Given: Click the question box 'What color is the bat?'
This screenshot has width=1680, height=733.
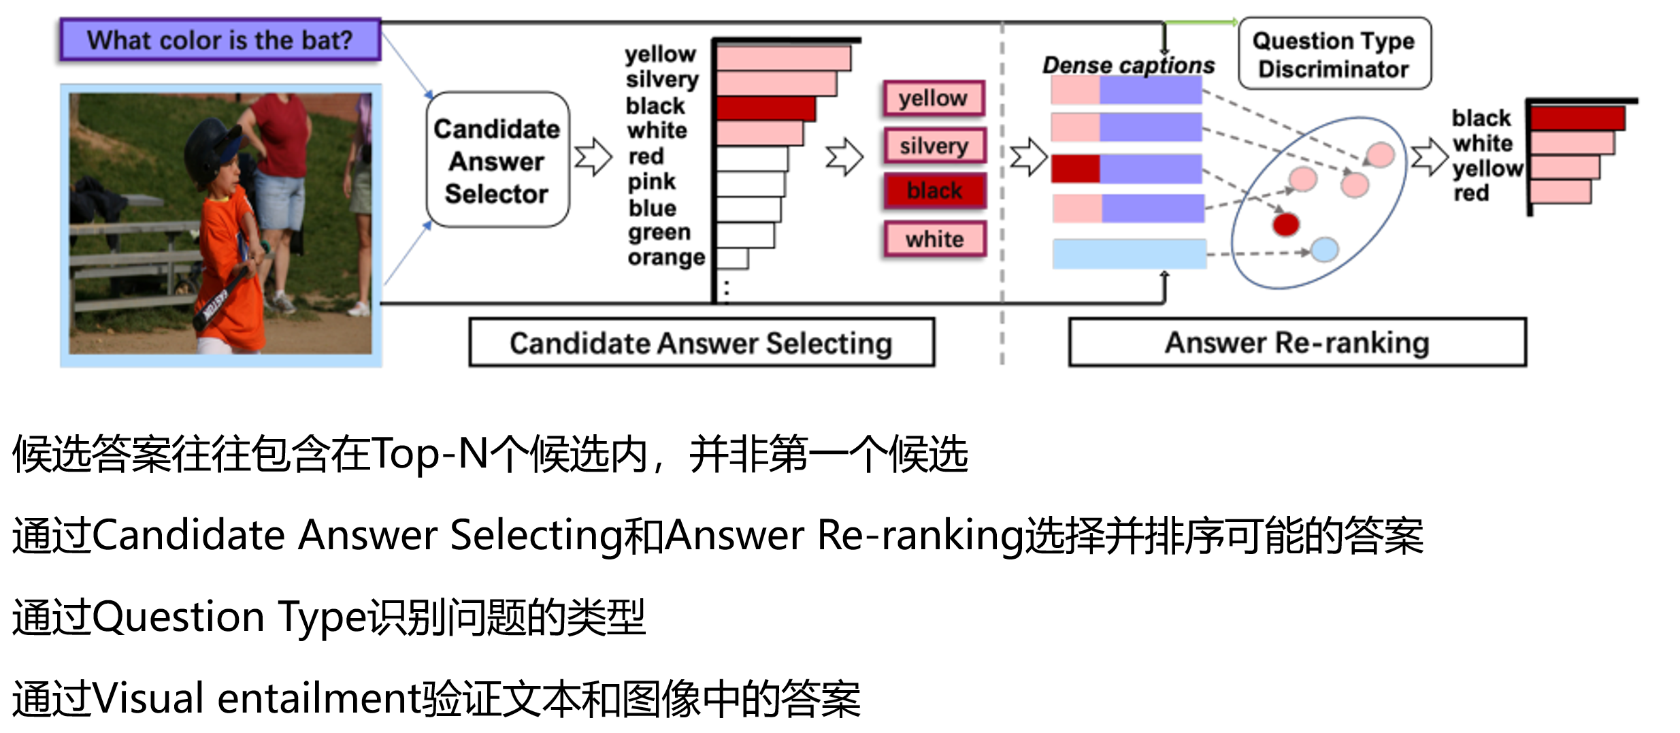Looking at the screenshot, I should pyautogui.click(x=220, y=40).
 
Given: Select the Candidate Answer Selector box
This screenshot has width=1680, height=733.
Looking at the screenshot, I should pyautogui.click(x=497, y=161).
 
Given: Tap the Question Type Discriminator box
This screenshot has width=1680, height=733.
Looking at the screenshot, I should pyautogui.click(x=1334, y=54).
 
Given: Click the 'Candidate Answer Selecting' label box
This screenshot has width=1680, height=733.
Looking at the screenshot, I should pyautogui.click(x=701, y=343).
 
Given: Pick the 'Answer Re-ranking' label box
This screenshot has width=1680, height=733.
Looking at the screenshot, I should pyautogui.click(x=1297, y=343).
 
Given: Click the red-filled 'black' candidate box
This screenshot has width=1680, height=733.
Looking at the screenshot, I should pyautogui.click(x=934, y=191).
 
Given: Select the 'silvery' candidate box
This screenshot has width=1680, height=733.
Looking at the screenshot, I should pyautogui.click(x=934, y=146).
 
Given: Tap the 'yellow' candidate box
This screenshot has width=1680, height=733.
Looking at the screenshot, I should pyautogui.click(x=933, y=99).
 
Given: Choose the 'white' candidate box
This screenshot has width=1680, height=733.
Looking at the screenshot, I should pyautogui.click(x=934, y=240).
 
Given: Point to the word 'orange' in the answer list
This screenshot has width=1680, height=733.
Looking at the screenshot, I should pyautogui.click(x=666, y=258).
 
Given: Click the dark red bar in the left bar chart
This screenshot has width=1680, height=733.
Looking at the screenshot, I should pyautogui.click(x=765, y=108).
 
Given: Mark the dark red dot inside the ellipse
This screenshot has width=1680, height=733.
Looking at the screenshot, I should pyautogui.click(x=1285, y=224).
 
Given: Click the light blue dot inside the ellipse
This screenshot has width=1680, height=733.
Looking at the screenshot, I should pyautogui.click(x=1324, y=250).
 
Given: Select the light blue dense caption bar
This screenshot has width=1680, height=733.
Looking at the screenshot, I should pyautogui.click(x=1129, y=254).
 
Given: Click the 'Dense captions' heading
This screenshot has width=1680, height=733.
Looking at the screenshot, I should pyautogui.click(x=1128, y=65).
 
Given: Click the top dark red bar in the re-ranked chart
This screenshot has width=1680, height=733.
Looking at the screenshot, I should pyautogui.click(x=1577, y=118).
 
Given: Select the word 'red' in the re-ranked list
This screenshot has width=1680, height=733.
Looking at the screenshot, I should pyautogui.click(x=1471, y=193).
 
